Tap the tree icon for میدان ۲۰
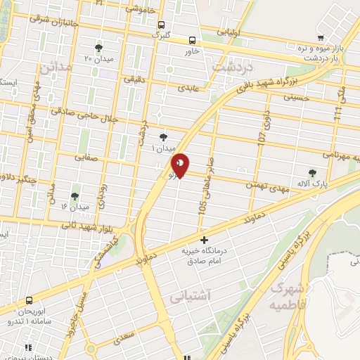(x=98, y=49)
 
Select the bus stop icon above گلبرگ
(x=161, y=23)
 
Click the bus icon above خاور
(x=193, y=40)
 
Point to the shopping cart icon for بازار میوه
(x=321, y=38)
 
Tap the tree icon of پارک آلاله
(x=312, y=172)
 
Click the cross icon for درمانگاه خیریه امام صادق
(x=204, y=241)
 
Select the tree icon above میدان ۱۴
(x=75, y=196)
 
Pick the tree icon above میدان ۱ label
(x=163, y=137)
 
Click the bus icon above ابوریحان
(x=30, y=300)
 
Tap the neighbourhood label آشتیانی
(x=189, y=298)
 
